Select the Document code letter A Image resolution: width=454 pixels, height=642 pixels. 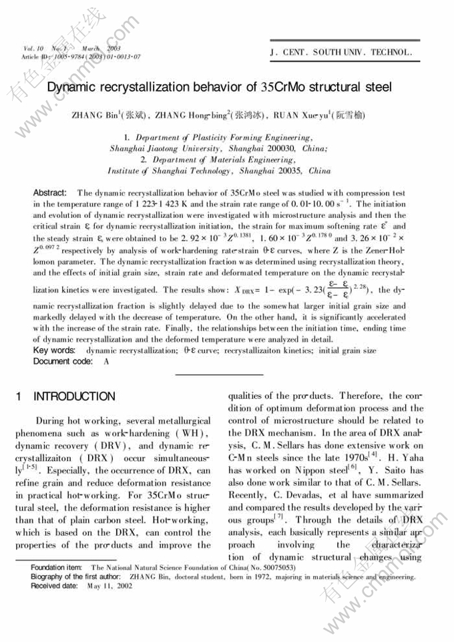click(106, 361)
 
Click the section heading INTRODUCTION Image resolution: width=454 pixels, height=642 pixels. click(74, 397)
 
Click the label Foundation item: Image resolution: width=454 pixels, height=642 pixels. click(57, 567)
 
